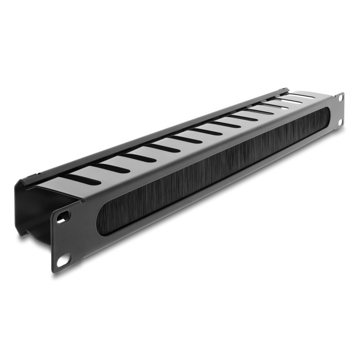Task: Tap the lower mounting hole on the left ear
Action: click(x=63, y=260)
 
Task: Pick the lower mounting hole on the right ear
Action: click(x=340, y=121)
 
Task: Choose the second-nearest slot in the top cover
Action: click(x=112, y=167)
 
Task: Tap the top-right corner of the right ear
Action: click(x=343, y=93)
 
